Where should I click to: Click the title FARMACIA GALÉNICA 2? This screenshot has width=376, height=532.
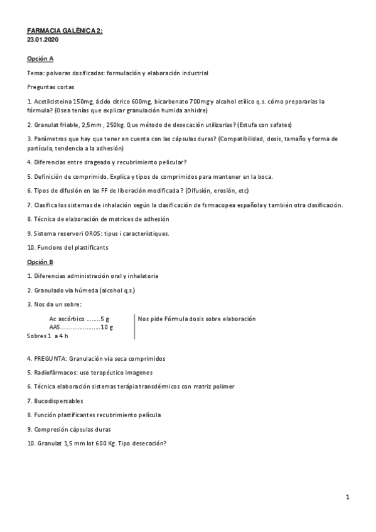point(65,30)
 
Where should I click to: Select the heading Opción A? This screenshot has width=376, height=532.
point(41,58)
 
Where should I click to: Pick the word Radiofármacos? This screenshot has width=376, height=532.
point(53,373)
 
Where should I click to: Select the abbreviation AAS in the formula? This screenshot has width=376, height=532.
point(55,327)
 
